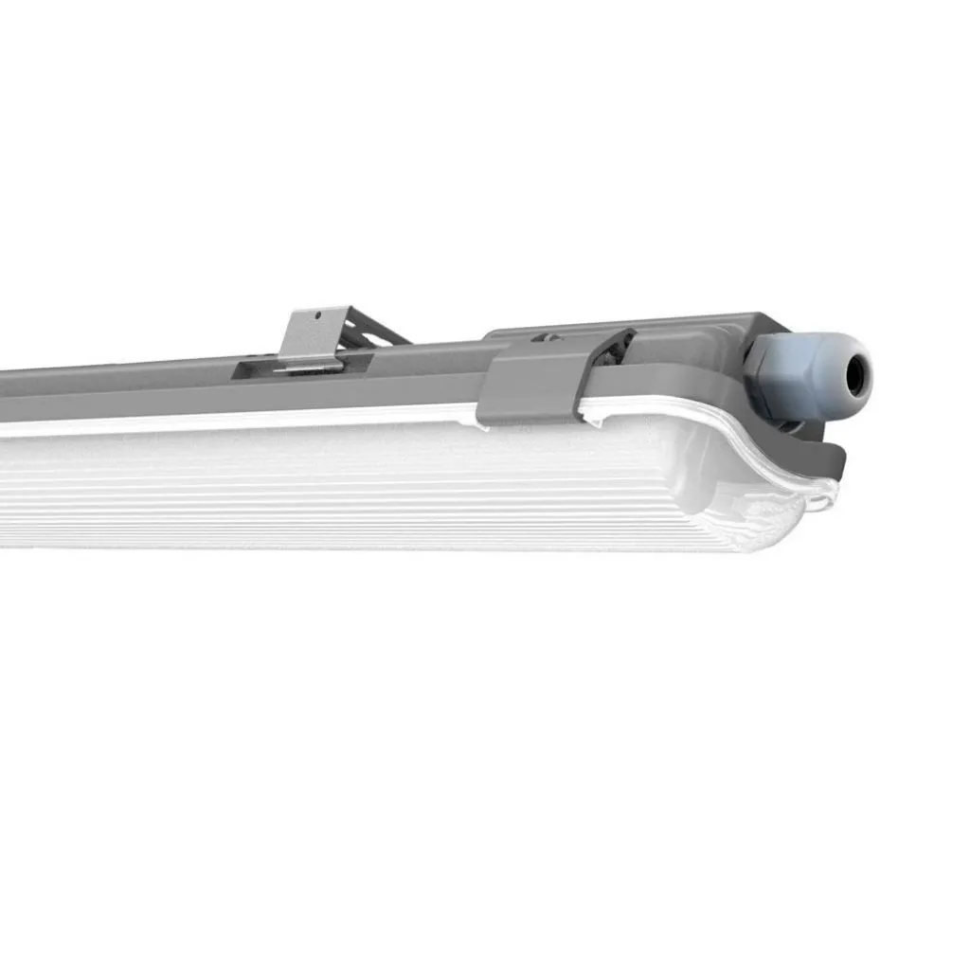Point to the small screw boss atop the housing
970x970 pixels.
[545, 335]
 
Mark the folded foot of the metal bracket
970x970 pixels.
[308, 364]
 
